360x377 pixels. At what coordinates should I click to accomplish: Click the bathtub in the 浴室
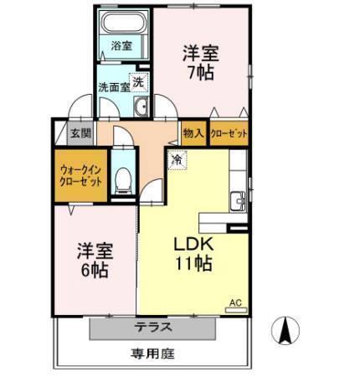tap(124, 22)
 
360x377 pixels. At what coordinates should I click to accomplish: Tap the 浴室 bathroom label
tap(121, 46)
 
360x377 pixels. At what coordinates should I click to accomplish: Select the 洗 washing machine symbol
tap(139, 82)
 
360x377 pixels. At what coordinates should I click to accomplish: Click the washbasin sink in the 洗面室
tap(141, 106)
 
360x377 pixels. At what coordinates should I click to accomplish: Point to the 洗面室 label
tap(114, 87)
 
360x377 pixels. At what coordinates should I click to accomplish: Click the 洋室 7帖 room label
tap(201, 63)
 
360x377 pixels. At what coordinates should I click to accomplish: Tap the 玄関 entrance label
tap(80, 133)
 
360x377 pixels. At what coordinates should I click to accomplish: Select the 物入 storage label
tap(193, 133)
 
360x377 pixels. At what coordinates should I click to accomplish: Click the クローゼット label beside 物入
tap(229, 133)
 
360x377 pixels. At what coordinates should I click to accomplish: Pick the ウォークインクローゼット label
tap(80, 176)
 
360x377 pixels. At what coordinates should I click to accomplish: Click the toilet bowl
tap(123, 181)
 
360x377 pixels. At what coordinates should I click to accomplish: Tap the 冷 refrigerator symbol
tap(177, 159)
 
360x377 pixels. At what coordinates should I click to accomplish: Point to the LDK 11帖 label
tap(193, 254)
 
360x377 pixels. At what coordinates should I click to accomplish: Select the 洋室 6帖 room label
tap(95, 261)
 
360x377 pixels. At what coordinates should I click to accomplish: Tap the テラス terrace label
tap(152, 327)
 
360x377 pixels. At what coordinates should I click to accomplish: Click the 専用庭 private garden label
tap(152, 354)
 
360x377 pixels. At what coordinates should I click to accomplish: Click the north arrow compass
tap(285, 331)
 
